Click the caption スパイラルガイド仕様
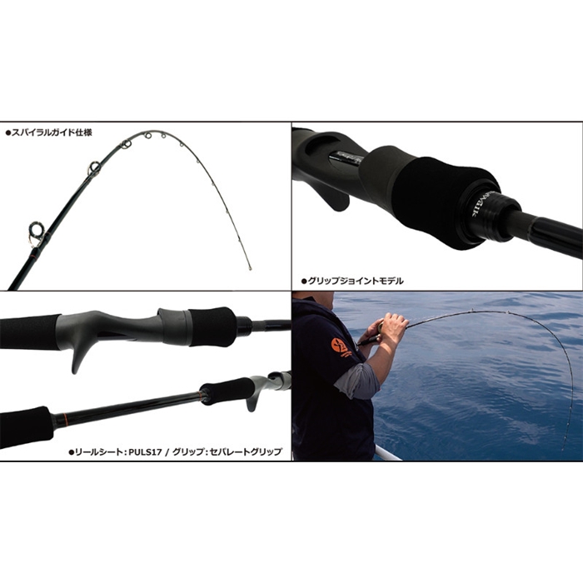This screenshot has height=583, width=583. pyautogui.click(x=52, y=132)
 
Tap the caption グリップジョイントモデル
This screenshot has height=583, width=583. pyautogui.click(x=355, y=282)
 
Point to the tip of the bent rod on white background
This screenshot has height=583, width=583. pyautogui.click(x=250, y=268)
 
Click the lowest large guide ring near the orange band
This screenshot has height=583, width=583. pyautogui.click(x=37, y=233)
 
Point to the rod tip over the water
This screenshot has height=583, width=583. pyautogui.click(x=563, y=448)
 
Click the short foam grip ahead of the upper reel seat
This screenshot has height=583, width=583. pyautogui.click(x=212, y=326)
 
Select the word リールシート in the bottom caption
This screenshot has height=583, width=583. pyautogui.click(x=98, y=452)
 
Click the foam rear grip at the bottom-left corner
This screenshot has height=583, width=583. pyautogui.click(x=25, y=426)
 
